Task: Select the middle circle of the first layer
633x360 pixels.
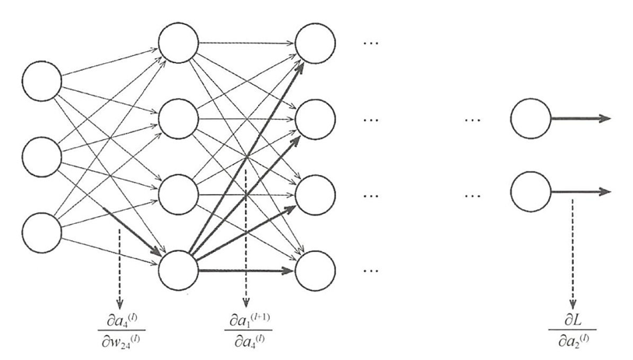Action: (x=42, y=156)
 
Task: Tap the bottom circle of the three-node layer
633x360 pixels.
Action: (x=42, y=231)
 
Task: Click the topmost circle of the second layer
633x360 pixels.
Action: (x=178, y=44)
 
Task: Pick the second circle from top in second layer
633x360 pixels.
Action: (x=178, y=119)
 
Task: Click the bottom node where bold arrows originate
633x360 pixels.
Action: (x=178, y=269)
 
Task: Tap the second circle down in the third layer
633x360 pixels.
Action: (x=316, y=119)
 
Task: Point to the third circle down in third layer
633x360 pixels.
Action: (x=316, y=194)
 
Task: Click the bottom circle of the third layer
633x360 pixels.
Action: (x=316, y=269)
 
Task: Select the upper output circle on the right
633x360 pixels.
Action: (x=530, y=119)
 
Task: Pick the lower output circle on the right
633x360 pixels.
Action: (x=530, y=191)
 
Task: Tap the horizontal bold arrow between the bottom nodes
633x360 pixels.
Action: (x=247, y=270)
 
